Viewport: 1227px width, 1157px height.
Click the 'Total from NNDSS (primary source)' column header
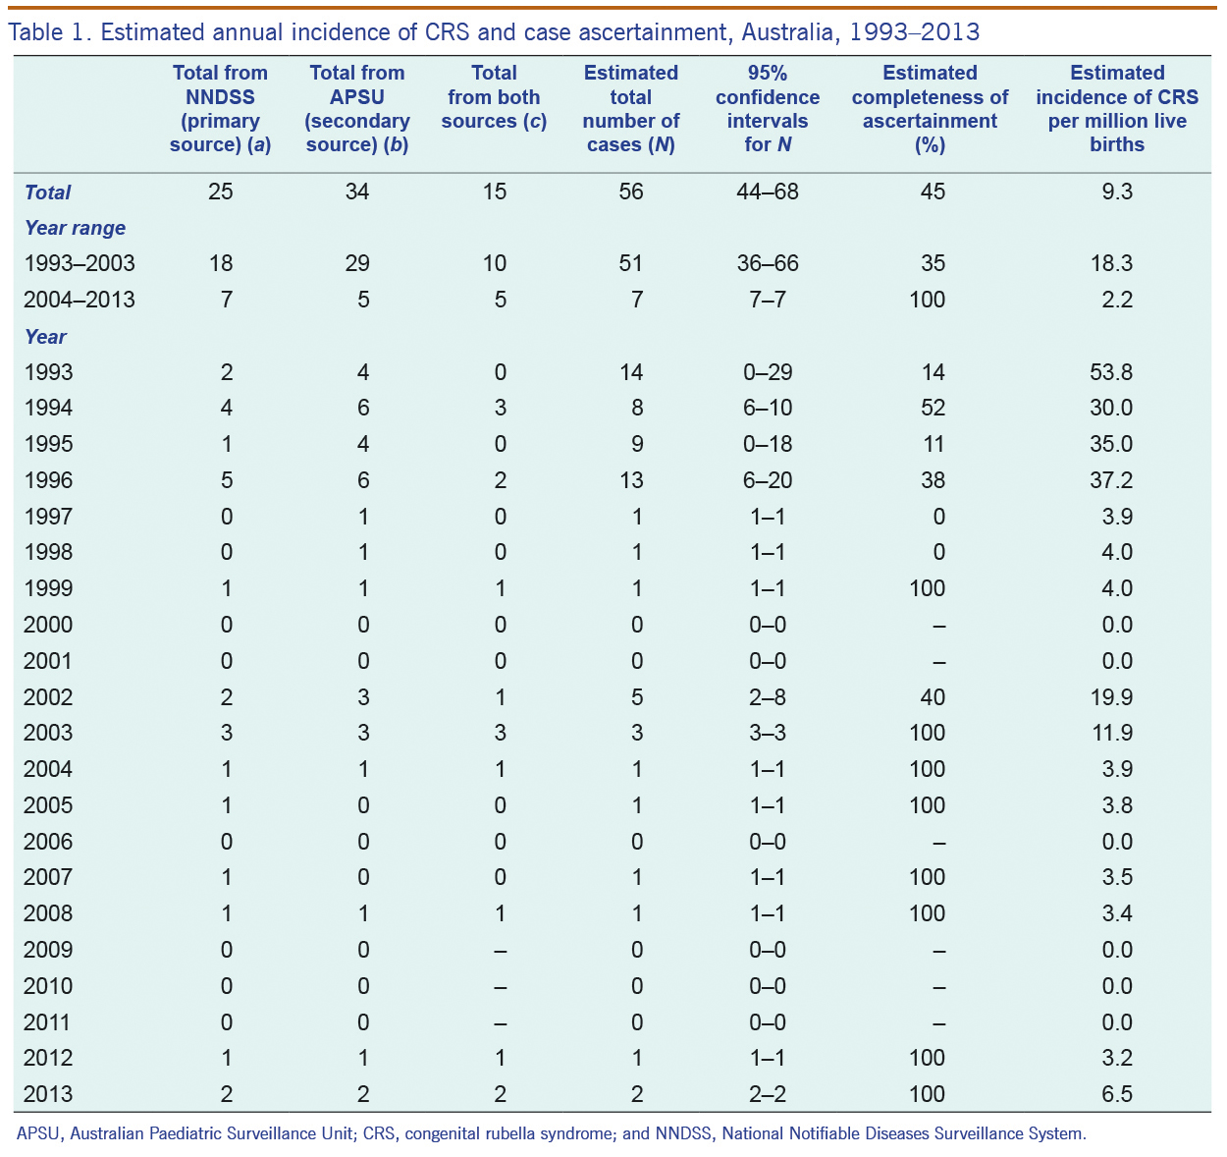(x=220, y=108)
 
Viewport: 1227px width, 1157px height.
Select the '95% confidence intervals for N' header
(x=768, y=108)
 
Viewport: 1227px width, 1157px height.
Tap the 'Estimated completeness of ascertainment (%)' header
(x=930, y=108)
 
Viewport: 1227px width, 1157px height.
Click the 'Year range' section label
(x=75, y=228)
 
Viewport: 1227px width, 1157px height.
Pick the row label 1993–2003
(x=80, y=263)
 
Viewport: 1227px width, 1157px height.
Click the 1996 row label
(x=48, y=480)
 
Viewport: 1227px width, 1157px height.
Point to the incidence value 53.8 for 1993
(x=1111, y=371)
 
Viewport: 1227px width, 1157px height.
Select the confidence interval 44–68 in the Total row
(x=768, y=192)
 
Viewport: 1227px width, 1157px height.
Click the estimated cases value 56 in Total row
(x=631, y=192)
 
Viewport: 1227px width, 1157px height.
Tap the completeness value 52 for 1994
(x=933, y=408)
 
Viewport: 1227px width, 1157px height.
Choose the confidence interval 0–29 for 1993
(x=768, y=371)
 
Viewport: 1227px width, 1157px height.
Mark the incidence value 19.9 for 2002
(x=1111, y=697)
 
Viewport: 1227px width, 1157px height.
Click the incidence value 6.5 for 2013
(x=1117, y=1093)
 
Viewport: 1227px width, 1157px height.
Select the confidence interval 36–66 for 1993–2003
(x=768, y=263)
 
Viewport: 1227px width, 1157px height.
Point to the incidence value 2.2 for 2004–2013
(x=1117, y=300)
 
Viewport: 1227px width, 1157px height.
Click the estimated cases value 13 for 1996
(x=631, y=480)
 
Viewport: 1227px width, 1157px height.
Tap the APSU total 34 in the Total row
(x=357, y=192)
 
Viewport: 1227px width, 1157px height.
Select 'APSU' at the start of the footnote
(x=37, y=1133)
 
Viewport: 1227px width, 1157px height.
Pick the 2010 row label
(x=48, y=986)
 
